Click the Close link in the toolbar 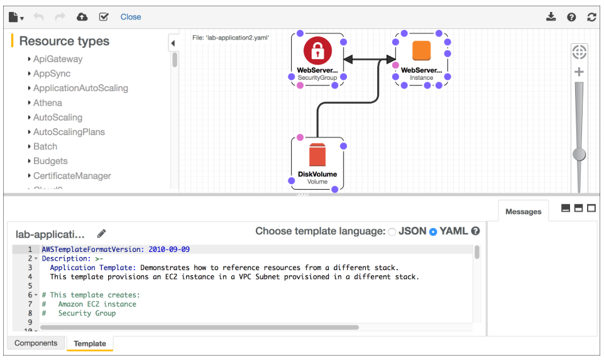(131, 17)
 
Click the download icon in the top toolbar (551, 17)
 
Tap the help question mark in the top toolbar (571, 17)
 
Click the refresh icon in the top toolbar (591, 17)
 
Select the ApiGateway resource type (57, 59)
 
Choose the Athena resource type (47, 103)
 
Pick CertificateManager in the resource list (72, 176)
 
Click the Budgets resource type (50, 161)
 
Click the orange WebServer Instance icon (421, 51)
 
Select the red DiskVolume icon (317, 155)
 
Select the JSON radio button (392, 232)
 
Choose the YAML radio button (432, 232)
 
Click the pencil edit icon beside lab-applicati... (102, 234)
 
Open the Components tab (36, 343)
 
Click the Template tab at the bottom (90, 344)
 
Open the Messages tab (523, 212)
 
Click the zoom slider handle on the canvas (579, 154)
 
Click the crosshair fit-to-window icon (579, 52)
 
